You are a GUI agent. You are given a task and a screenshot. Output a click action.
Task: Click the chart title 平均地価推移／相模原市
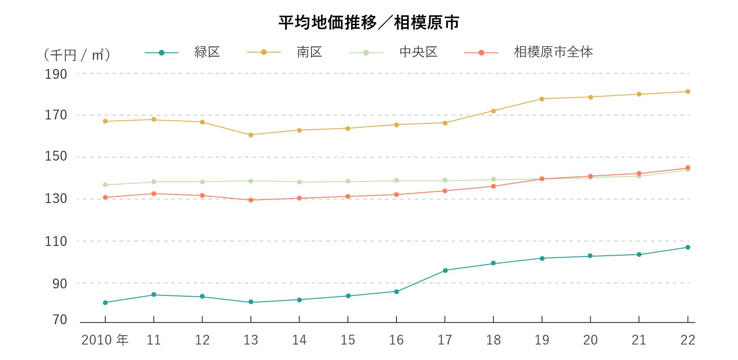[x=369, y=23]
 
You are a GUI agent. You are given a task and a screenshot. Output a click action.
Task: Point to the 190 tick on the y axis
[x=56, y=74]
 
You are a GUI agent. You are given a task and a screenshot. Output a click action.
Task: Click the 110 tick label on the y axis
[x=56, y=241]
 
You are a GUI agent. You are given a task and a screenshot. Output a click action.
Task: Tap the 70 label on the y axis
[x=60, y=319]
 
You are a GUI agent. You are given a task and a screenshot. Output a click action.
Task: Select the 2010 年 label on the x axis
[x=105, y=340]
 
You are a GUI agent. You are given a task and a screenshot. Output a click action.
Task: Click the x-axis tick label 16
[x=396, y=340]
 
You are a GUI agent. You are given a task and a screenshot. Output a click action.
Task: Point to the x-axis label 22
[x=688, y=340]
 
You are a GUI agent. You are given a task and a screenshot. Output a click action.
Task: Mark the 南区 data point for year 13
[x=251, y=135]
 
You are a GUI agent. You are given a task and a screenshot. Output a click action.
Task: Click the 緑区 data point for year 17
[x=445, y=270]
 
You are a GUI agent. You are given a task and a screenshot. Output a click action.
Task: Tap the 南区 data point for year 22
[x=688, y=92]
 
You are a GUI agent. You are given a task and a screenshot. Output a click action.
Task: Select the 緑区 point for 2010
[x=105, y=303]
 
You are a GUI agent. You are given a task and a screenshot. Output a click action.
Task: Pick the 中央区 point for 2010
[x=105, y=185]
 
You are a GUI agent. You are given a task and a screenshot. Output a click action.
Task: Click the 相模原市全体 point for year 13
[x=251, y=200]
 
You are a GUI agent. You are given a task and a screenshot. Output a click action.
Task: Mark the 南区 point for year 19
[x=542, y=99]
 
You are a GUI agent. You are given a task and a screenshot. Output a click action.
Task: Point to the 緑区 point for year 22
[x=688, y=247]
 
